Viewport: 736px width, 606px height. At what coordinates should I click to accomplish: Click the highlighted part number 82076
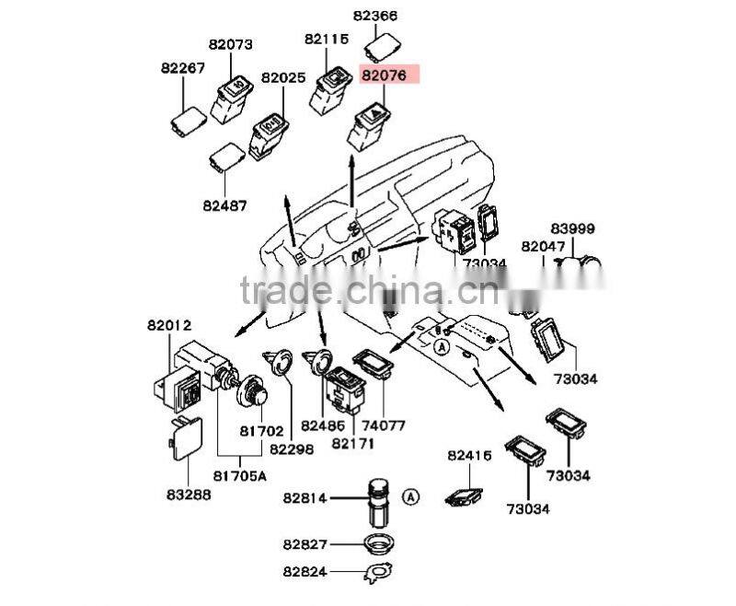(x=389, y=76)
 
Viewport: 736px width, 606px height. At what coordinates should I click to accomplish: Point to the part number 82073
(x=230, y=44)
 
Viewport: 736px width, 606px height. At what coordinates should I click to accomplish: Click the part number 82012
(x=168, y=325)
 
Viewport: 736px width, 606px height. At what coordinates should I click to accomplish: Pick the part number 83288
(x=189, y=495)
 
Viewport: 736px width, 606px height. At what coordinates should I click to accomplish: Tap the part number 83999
(x=572, y=228)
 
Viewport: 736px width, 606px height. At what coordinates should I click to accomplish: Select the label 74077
(x=382, y=426)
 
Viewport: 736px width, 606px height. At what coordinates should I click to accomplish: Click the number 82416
(x=470, y=455)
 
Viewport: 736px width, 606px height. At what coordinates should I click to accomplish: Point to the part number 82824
(x=305, y=571)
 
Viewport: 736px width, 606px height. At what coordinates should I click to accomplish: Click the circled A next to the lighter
(x=411, y=496)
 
